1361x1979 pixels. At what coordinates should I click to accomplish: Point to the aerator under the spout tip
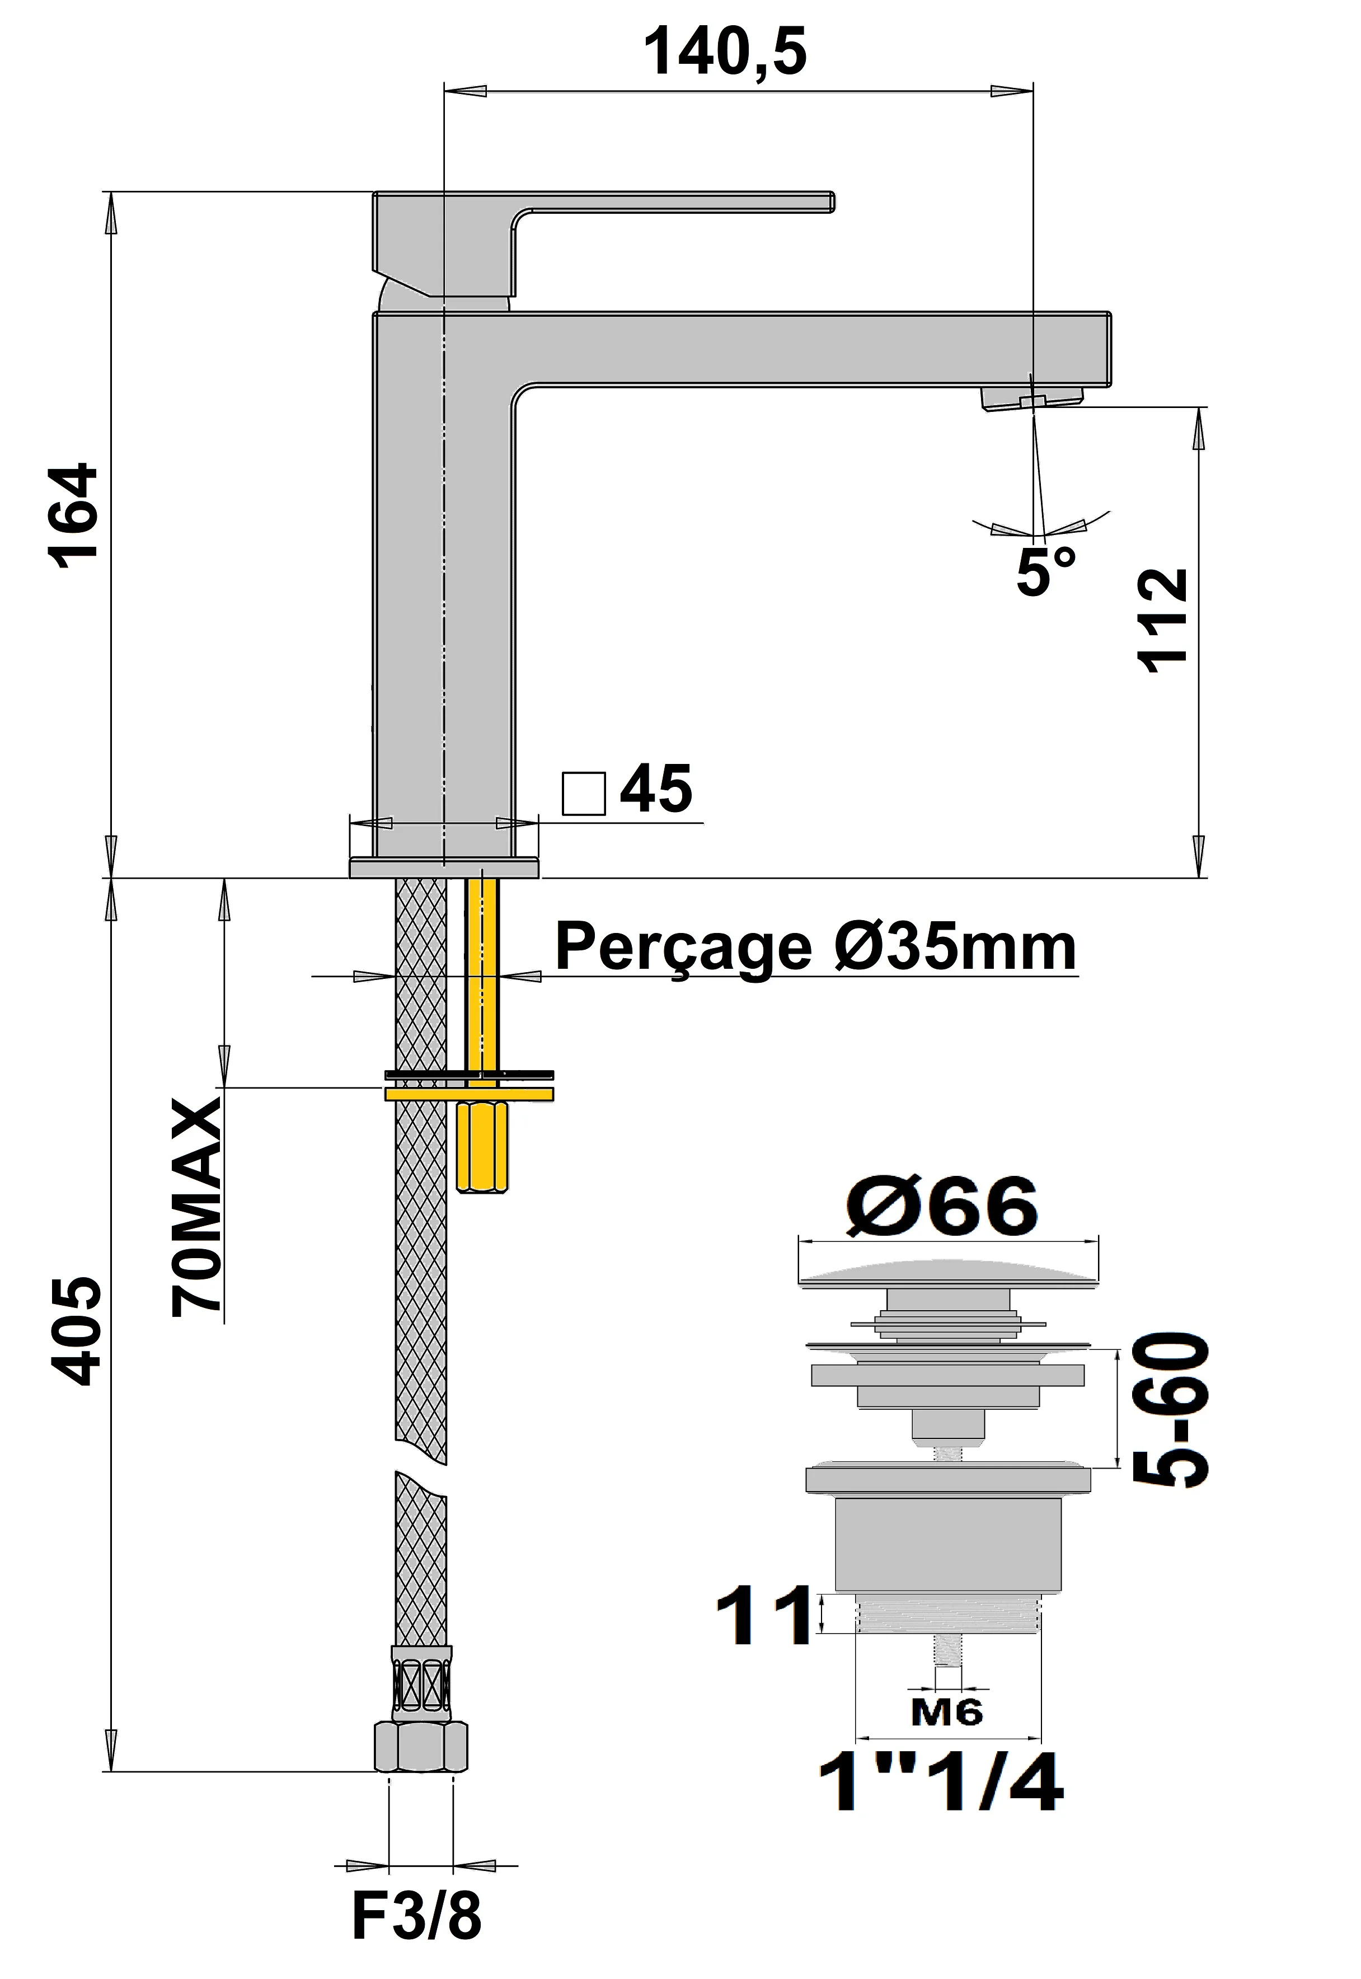click(1031, 397)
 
